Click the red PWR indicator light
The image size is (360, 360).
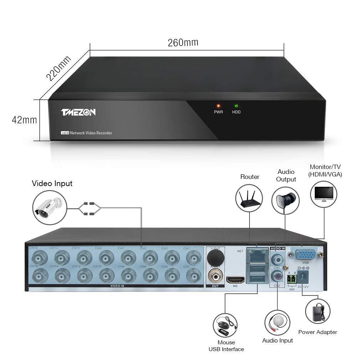tap(218, 106)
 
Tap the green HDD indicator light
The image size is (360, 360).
tap(236, 106)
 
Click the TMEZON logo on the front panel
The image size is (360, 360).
tap(78, 112)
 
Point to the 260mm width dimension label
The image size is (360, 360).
tap(183, 42)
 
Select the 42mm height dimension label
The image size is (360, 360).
tap(24, 120)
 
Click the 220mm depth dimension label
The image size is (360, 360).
tap(58, 68)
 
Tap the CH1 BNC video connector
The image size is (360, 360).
tap(194, 257)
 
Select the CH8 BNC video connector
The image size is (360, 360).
tap(128, 276)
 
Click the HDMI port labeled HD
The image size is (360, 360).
tap(235, 279)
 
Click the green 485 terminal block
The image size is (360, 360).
tap(292, 279)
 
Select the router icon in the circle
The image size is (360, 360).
tap(249, 198)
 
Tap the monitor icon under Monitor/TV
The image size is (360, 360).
tap(324, 195)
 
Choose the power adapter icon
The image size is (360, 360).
tap(318, 311)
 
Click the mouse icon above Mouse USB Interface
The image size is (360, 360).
tap(225, 325)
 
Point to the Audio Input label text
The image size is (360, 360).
tap(277, 340)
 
